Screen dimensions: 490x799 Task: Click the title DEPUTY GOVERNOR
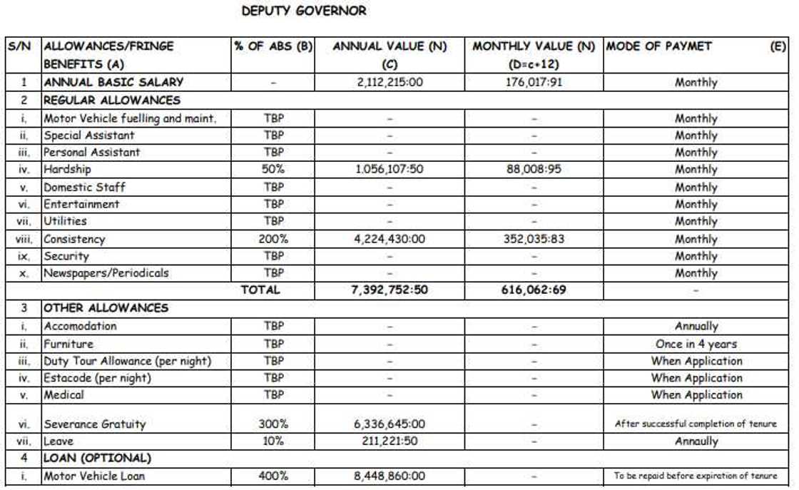304,11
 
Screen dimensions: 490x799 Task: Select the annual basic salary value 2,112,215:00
390,82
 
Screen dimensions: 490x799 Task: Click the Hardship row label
68,170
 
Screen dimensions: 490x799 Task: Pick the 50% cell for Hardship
274,170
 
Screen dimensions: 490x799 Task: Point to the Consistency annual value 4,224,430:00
390,239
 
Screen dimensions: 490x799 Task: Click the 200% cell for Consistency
274,239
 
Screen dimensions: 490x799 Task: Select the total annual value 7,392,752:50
390,290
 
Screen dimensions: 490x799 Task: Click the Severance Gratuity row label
95,424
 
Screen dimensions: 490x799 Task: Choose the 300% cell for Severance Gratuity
274,424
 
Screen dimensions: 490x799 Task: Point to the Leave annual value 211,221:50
390,441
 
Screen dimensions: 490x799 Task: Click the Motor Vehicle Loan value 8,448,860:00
390,476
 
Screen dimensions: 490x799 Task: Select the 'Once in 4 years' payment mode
696,344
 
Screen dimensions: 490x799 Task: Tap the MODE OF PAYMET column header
658,47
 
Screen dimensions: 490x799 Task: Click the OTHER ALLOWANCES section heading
106,309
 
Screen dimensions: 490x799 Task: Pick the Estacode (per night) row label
98,378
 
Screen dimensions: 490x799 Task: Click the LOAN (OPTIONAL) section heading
97,459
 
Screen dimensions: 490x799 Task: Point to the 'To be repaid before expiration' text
696,476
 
